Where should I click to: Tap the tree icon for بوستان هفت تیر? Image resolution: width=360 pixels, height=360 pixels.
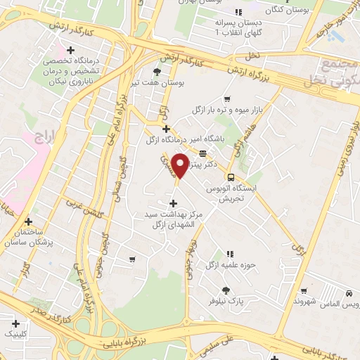[x=157, y=71]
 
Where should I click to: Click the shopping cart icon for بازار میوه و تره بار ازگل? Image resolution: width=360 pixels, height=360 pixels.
[x=226, y=99]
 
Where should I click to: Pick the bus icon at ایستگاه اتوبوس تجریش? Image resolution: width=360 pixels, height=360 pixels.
[x=230, y=176]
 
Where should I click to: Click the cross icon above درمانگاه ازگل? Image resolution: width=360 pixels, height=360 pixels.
[x=166, y=129]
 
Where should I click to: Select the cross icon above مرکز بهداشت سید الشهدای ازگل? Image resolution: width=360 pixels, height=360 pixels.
[x=174, y=203]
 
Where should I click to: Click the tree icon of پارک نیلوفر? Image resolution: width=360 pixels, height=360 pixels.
[x=226, y=290]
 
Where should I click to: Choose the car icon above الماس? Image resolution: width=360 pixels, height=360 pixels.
[x=349, y=293]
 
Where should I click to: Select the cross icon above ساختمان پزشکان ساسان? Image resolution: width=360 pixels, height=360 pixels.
[x=28, y=221]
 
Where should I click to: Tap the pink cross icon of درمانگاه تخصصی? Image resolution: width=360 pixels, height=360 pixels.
[x=70, y=49]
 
